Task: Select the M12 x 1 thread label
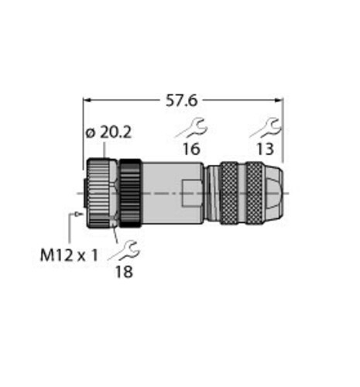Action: [x=70, y=252]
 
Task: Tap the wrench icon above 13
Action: [x=268, y=126]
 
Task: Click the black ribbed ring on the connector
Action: [x=129, y=193]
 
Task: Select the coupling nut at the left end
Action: [x=99, y=193]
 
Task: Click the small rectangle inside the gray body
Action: [x=189, y=193]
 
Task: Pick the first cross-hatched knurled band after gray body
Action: [x=229, y=193]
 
